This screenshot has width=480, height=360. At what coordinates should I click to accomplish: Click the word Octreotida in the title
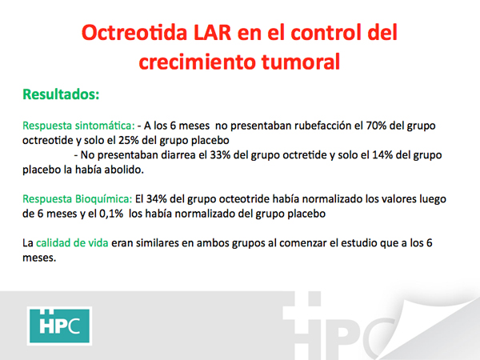click(x=134, y=33)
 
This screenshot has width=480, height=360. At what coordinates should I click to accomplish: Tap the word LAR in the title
click(x=213, y=33)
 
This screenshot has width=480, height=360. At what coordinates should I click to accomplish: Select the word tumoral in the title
click(x=301, y=62)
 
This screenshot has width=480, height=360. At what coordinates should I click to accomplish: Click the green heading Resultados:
click(x=61, y=94)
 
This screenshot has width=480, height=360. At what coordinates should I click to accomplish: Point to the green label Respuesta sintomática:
click(x=78, y=126)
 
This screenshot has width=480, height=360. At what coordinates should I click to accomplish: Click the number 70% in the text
click(x=376, y=126)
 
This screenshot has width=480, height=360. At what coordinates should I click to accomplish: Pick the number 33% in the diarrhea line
click(x=220, y=155)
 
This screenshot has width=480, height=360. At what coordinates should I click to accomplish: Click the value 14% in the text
click(x=382, y=155)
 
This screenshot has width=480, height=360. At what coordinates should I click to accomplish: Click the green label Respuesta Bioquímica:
click(x=77, y=199)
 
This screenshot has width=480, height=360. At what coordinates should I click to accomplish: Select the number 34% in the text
click(x=157, y=199)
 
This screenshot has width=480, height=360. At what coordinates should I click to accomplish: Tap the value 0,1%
click(x=111, y=214)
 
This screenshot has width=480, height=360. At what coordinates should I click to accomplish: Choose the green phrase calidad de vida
click(x=72, y=243)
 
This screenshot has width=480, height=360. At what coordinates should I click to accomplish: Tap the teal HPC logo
click(x=59, y=326)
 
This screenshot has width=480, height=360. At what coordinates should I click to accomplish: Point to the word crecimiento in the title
click(x=197, y=62)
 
